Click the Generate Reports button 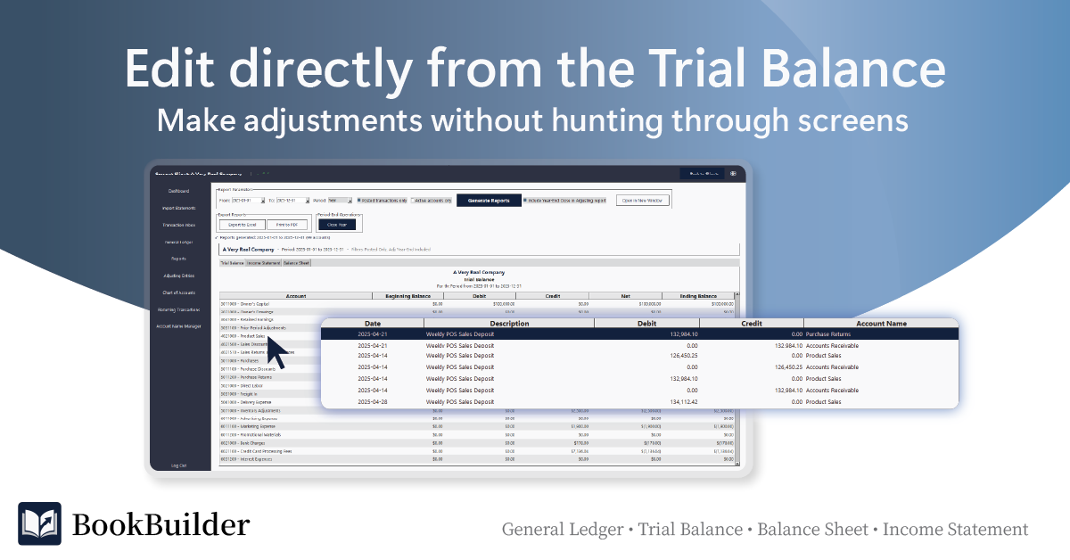(489, 201)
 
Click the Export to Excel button (241, 225)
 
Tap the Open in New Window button (641, 201)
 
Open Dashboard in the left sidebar (179, 191)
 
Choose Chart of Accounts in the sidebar (179, 292)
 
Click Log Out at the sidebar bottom (179, 465)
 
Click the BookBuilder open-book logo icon (40, 523)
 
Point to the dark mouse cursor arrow (277, 350)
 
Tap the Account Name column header (881, 324)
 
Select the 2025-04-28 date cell (373, 402)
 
